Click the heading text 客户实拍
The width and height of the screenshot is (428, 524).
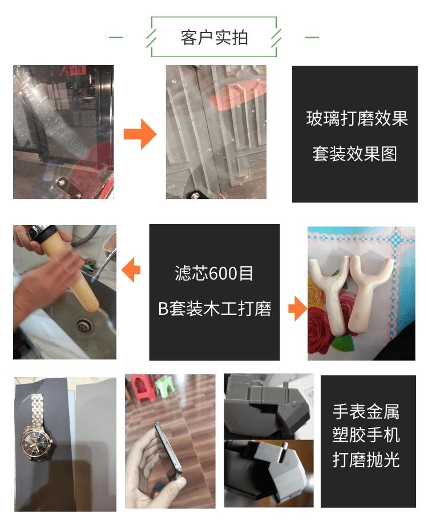point(214,38)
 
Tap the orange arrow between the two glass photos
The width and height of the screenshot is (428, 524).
point(140,136)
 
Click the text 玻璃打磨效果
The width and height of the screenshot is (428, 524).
point(357,119)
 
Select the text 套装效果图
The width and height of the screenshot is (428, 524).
point(354,154)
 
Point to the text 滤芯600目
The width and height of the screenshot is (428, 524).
point(214,274)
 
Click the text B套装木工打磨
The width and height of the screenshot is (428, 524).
point(214,309)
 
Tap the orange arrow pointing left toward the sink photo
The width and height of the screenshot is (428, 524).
point(132,269)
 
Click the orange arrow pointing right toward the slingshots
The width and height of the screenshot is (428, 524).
point(297,309)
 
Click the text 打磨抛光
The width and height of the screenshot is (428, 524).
point(366,459)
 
